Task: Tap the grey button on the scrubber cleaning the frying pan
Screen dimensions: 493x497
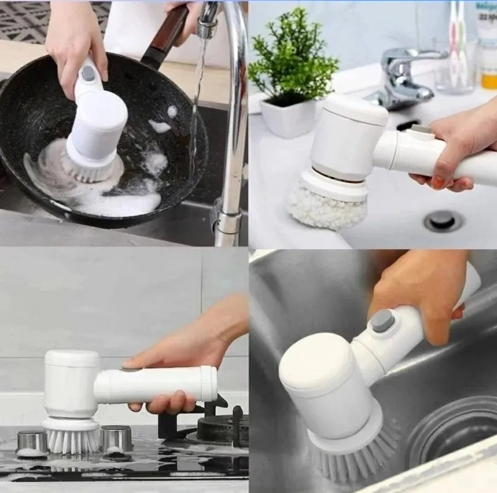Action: [89, 74]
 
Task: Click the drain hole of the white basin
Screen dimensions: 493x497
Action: [442, 220]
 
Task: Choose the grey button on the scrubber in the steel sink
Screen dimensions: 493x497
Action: [383, 320]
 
